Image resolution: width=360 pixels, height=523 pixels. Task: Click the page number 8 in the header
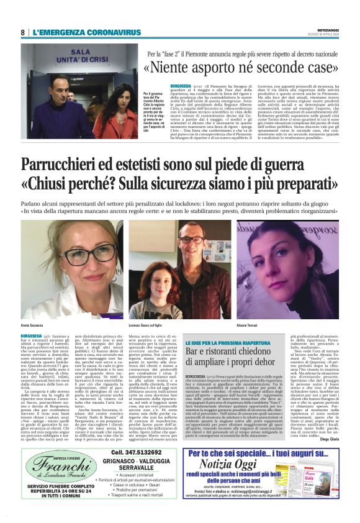click(23, 32)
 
